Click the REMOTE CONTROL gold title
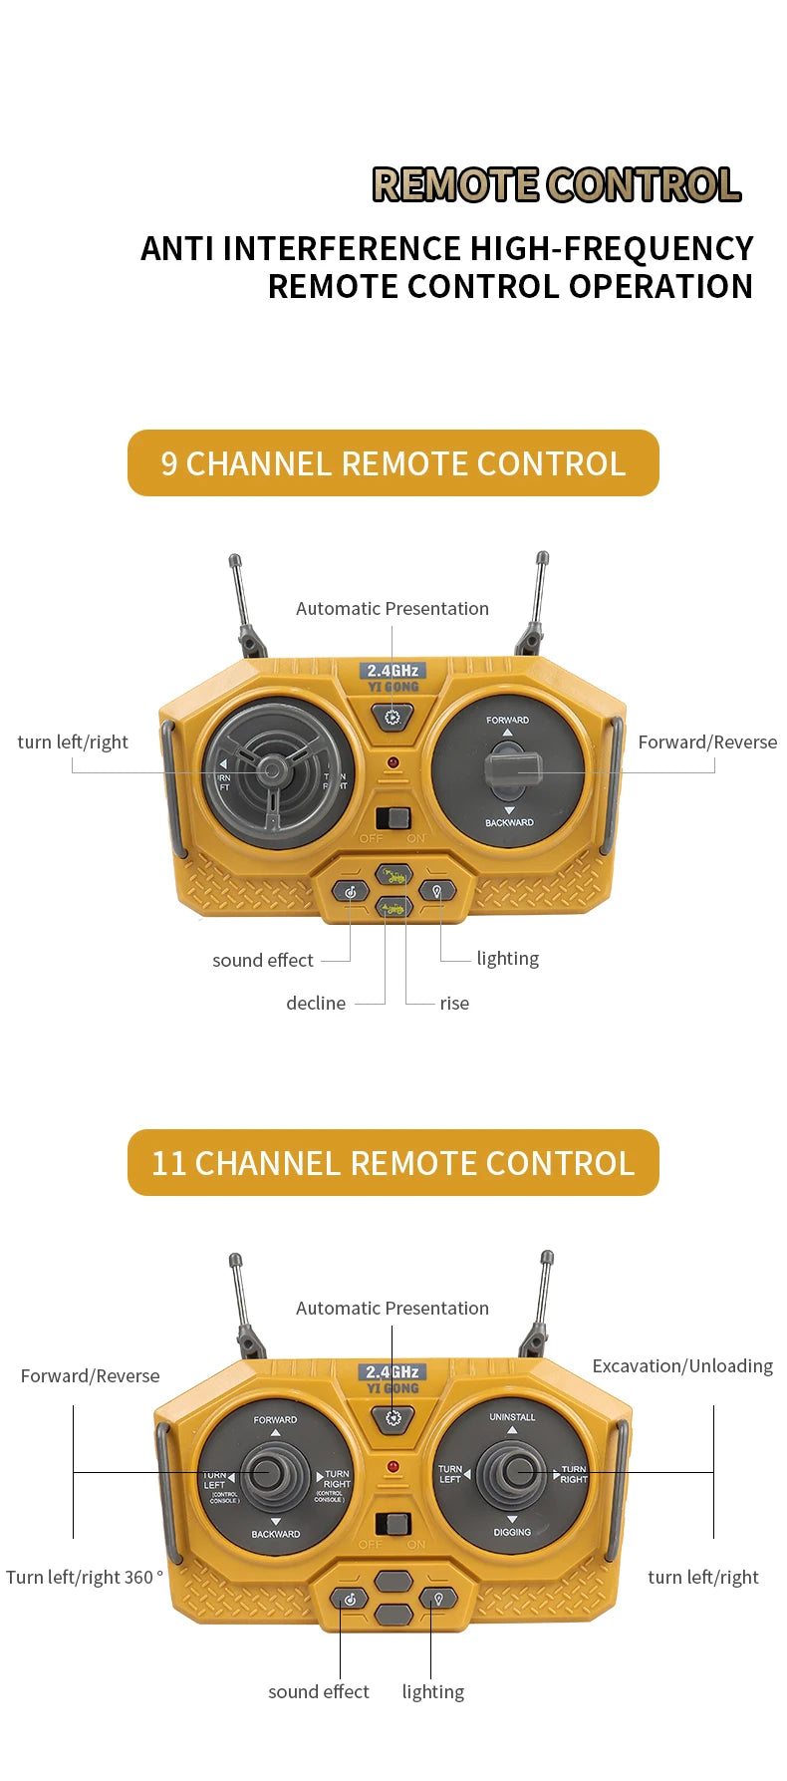[x=556, y=185]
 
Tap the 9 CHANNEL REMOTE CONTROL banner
[x=393, y=463]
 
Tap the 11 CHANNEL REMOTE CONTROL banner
[x=393, y=1163]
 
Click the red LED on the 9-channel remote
[x=393, y=763]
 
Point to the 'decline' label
[x=316, y=1004]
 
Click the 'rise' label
[x=454, y=1004]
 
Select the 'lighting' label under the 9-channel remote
[x=507, y=959]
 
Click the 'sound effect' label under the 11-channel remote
[x=318, y=1692]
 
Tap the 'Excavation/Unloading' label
[x=682, y=1366]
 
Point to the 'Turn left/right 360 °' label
[x=85, y=1578]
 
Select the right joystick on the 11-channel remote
[x=514, y=1471]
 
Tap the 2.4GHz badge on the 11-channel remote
[x=393, y=1371]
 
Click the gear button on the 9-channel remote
[x=393, y=717]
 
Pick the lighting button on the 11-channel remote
[x=436, y=1599]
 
